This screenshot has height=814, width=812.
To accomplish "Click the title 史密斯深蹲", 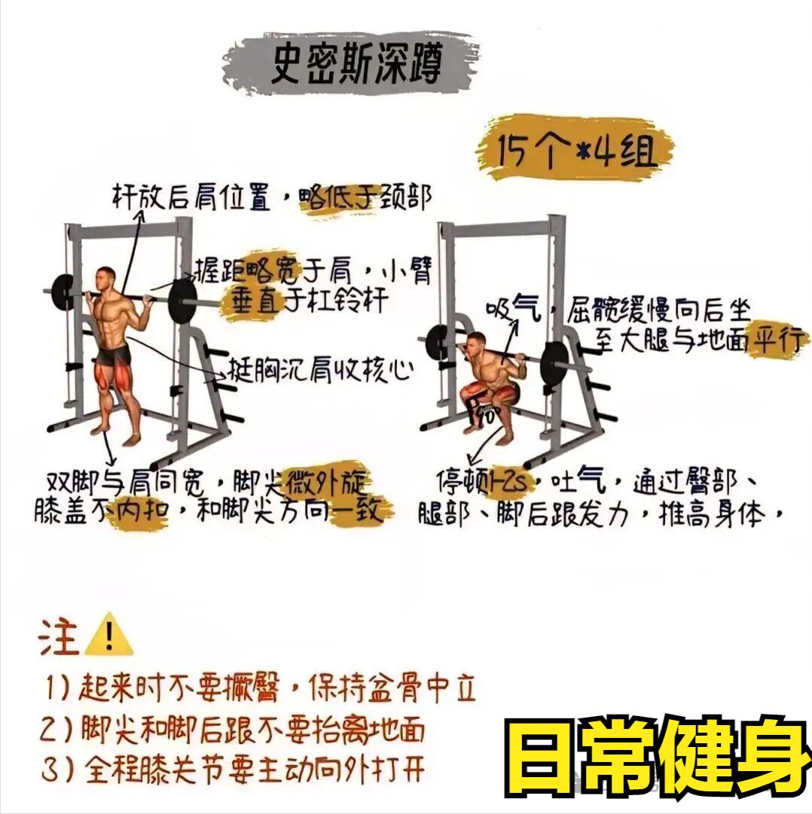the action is (x=356, y=62).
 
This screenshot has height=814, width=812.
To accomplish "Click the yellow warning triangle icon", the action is (x=108, y=635).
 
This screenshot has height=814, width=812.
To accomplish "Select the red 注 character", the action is (x=58, y=637).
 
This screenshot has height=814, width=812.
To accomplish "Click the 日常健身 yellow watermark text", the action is (x=658, y=756).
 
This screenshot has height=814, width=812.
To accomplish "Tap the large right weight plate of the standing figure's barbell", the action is (x=183, y=302).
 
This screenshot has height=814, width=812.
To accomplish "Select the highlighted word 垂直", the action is (x=255, y=300).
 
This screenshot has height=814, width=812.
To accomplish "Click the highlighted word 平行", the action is (x=778, y=340).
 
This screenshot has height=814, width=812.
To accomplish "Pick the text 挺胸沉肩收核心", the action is (x=320, y=370).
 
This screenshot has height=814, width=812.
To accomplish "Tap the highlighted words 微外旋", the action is (x=327, y=482).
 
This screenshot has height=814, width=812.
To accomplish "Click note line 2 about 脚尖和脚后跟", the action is (x=233, y=729).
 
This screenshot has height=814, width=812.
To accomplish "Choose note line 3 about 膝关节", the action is (x=233, y=769).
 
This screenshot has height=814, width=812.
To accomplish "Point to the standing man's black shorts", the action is (x=114, y=355).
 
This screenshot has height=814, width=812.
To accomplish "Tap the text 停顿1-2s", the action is (x=481, y=482).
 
